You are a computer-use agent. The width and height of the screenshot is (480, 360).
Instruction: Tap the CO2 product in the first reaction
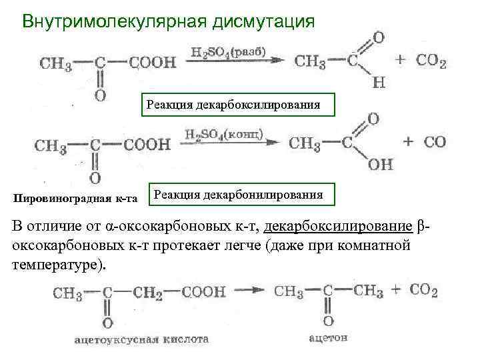click(431, 61)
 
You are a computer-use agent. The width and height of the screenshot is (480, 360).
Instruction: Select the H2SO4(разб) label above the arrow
click(228, 51)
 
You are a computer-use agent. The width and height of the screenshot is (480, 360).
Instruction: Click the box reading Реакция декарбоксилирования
click(234, 105)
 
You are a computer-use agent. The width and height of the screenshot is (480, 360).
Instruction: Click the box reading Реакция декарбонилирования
click(238, 195)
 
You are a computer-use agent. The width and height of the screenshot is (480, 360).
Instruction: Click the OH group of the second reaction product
click(381, 164)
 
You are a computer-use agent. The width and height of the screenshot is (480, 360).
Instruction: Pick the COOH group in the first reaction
click(153, 63)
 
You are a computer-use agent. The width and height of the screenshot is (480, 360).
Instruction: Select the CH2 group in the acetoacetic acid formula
click(152, 292)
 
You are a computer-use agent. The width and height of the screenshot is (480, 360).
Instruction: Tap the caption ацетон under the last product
click(328, 338)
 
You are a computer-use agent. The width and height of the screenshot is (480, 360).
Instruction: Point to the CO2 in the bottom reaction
click(424, 291)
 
